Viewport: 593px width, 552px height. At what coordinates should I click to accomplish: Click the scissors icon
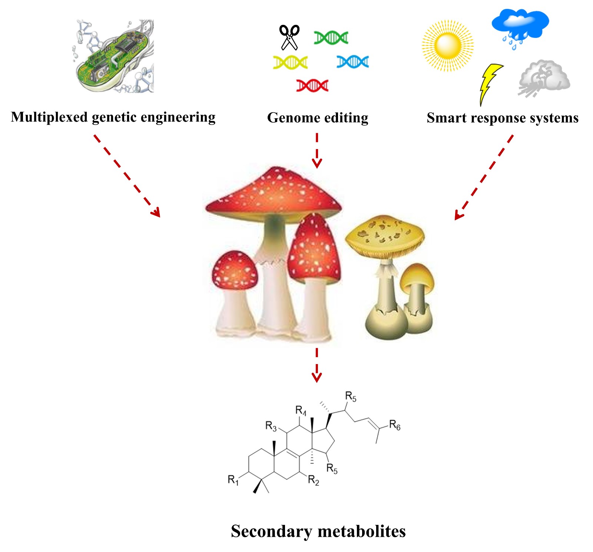click(x=289, y=37)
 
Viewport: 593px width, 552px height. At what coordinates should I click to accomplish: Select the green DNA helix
click(x=331, y=37)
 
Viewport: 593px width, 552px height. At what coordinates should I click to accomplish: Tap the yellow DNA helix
click(x=290, y=62)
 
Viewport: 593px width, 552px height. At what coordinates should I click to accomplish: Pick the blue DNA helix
click(x=352, y=62)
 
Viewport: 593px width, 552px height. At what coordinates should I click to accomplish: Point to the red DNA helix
click(x=312, y=86)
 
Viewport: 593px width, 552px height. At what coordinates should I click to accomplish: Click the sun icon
click(x=448, y=46)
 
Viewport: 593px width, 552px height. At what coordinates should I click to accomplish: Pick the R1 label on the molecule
click(x=233, y=480)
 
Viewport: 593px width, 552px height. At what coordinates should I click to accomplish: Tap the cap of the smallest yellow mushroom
click(x=417, y=276)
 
